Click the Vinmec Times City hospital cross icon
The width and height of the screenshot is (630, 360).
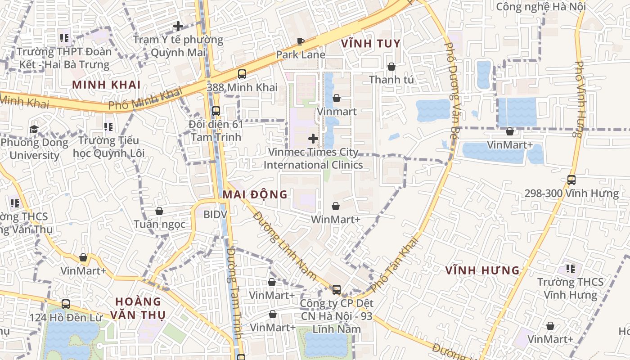coord(313,139)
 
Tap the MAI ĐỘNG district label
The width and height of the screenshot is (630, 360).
coord(255,194)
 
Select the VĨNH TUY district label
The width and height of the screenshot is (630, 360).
coord(371,44)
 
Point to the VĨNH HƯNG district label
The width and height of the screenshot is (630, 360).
coord(483,270)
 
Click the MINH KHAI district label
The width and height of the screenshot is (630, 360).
coord(107,85)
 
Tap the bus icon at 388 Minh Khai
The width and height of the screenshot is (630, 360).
coord(242,74)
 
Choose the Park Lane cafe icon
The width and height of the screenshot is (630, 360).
coord(301,42)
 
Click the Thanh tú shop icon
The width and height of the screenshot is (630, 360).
coord(391,67)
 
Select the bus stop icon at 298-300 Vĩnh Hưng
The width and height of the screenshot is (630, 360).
coord(571,180)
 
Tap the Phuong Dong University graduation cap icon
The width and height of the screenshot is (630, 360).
coord(34,130)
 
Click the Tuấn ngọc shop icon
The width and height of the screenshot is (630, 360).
coord(159,211)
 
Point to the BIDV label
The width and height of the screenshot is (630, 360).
coord(216,215)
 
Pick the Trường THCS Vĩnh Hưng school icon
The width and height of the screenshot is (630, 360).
coord(570,269)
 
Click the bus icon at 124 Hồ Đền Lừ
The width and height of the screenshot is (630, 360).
coord(66,304)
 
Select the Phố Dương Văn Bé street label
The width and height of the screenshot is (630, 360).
coord(451,90)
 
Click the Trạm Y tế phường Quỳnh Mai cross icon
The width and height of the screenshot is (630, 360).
coord(178,26)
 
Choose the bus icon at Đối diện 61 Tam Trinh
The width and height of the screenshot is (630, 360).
coord(216,111)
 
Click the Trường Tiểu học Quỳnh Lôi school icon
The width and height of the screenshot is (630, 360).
coord(108,127)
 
